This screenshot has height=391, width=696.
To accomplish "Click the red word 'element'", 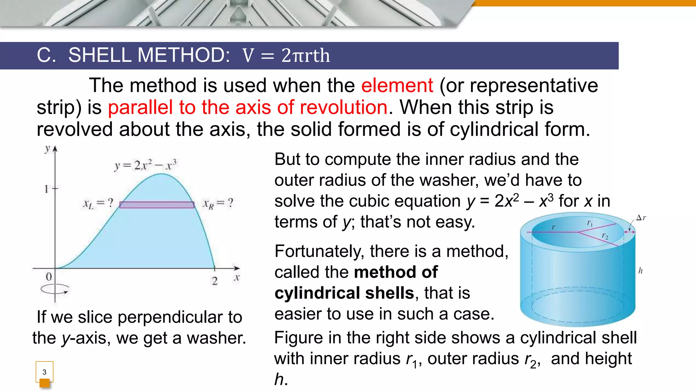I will pyautogui.click(x=397, y=85).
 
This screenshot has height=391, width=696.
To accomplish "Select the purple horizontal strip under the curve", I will pyautogui.click(x=157, y=205).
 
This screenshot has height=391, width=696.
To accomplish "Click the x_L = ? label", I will pyautogui.click(x=98, y=203).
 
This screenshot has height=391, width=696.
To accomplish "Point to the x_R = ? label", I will pyautogui.click(x=218, y=203).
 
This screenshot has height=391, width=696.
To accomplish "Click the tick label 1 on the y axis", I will pyautogui.click(x=47, y=189).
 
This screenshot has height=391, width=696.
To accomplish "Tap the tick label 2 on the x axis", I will pyautogui.click(x=214, y=281).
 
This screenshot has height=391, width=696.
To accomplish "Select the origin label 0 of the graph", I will pyautogui.click(x=49, y=277).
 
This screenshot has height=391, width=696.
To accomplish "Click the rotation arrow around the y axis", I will pyautogui.click(x=55, y=290).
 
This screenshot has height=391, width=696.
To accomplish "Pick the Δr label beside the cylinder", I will pyautogui.click(x=641, y=218).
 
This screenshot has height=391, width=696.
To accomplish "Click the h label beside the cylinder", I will pyautogui.click(x=640, y=271).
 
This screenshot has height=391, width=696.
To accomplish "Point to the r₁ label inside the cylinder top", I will pyautogui.click(x=590, y=223).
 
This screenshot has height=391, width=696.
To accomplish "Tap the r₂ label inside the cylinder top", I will pyautogui.click(x=605, y=236).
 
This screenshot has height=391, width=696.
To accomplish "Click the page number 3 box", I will pyautogui.click(x=44, y=372).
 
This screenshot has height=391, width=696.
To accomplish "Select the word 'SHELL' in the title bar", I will pyautogui.click(x=100, y=55).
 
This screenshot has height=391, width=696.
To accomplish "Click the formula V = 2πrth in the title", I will pyautogui.click(x=286, y=56).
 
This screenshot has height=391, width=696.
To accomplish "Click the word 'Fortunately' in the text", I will pyautogui.click(x=319, y=252).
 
